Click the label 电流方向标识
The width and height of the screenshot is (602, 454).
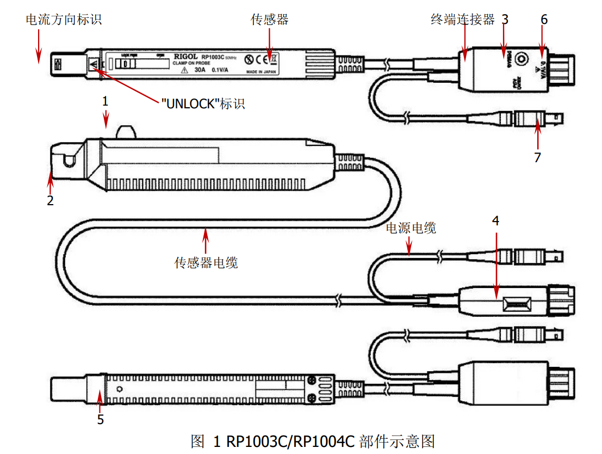(64, 20)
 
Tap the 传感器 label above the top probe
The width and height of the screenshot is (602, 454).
(269, 20)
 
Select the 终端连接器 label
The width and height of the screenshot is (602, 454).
(462, 20)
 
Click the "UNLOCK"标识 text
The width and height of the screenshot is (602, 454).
(203, 103)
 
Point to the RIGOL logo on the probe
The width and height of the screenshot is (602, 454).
(186, 56)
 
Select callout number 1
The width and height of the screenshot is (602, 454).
(105, 101)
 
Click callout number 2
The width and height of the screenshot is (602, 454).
(50, 200)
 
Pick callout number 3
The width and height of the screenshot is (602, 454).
(505, 20)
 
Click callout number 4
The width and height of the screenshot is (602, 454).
(495, 220)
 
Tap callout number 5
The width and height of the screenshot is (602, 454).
(100, 419)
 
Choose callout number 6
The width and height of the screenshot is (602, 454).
(544, 20)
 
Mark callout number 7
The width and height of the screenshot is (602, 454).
(537, 157)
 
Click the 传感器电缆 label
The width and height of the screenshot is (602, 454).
(206, 263)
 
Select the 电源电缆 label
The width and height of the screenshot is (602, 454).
(411, 228)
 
